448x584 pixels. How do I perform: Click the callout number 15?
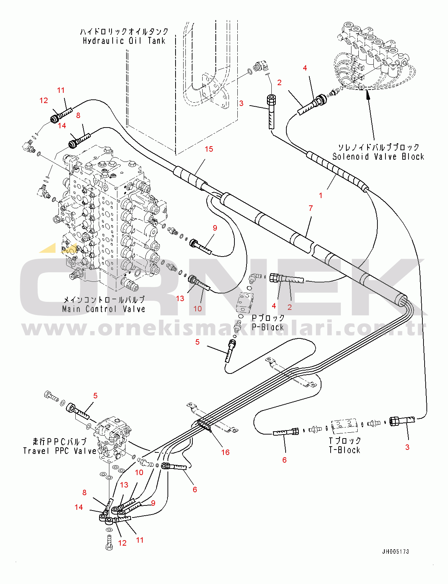pos(209,149)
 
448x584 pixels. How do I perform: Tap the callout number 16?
pos(225,452)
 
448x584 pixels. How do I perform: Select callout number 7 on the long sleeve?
pos(311,208)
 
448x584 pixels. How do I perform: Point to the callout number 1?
pos(321,196)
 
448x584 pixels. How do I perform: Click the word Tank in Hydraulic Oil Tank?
pos(157,41)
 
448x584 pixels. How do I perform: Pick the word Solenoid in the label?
pos(350,157)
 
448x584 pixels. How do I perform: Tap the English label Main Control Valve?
pos(103,309)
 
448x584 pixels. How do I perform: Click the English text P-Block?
pos(268,327)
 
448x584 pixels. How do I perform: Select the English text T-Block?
pos(345,450)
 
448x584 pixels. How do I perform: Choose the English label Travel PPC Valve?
pos(60,451)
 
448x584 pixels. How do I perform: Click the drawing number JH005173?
pos(395,552)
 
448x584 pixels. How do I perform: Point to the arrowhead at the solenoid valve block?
pos(368,95)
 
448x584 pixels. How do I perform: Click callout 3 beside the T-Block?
pos(407,447)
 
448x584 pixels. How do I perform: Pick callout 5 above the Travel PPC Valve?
pos(95,396)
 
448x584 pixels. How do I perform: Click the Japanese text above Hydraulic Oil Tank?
pos(124,32)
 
